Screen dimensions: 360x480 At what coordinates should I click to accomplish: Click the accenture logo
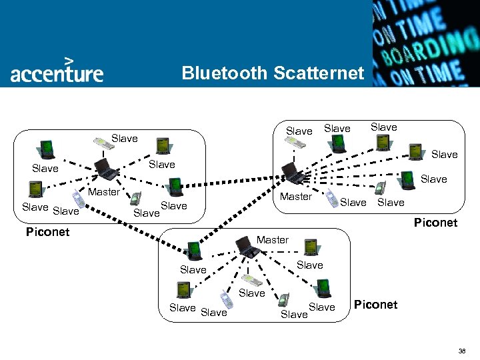point(57,70)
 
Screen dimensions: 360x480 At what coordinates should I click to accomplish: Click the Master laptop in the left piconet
point(105,169)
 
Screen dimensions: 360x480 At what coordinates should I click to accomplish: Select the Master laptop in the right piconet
point(291,173)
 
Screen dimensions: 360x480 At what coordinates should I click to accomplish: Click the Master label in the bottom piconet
point(273,239)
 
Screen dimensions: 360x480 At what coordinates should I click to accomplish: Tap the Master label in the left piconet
point(105,192)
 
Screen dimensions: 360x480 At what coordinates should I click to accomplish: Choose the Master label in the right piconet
point(295,196)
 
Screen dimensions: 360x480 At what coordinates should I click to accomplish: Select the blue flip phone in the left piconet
point(135,199)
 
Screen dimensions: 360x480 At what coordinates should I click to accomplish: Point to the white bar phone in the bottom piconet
point(251,280)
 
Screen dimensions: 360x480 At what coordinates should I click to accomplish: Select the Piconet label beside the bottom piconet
point(375,304)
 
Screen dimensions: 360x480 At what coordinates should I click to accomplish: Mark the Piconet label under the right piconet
point(435,222)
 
